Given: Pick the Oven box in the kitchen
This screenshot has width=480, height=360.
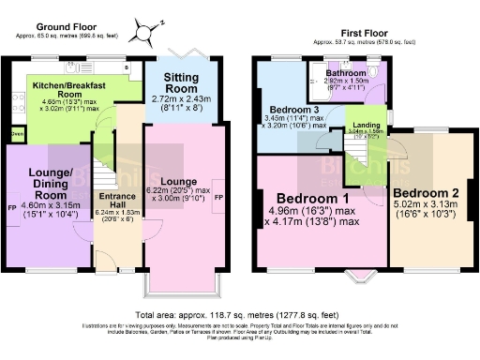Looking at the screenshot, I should [17, 133].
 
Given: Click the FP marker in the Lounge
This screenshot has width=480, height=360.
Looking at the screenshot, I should [218, 199].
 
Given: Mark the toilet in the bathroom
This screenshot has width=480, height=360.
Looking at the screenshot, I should [373, 68].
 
